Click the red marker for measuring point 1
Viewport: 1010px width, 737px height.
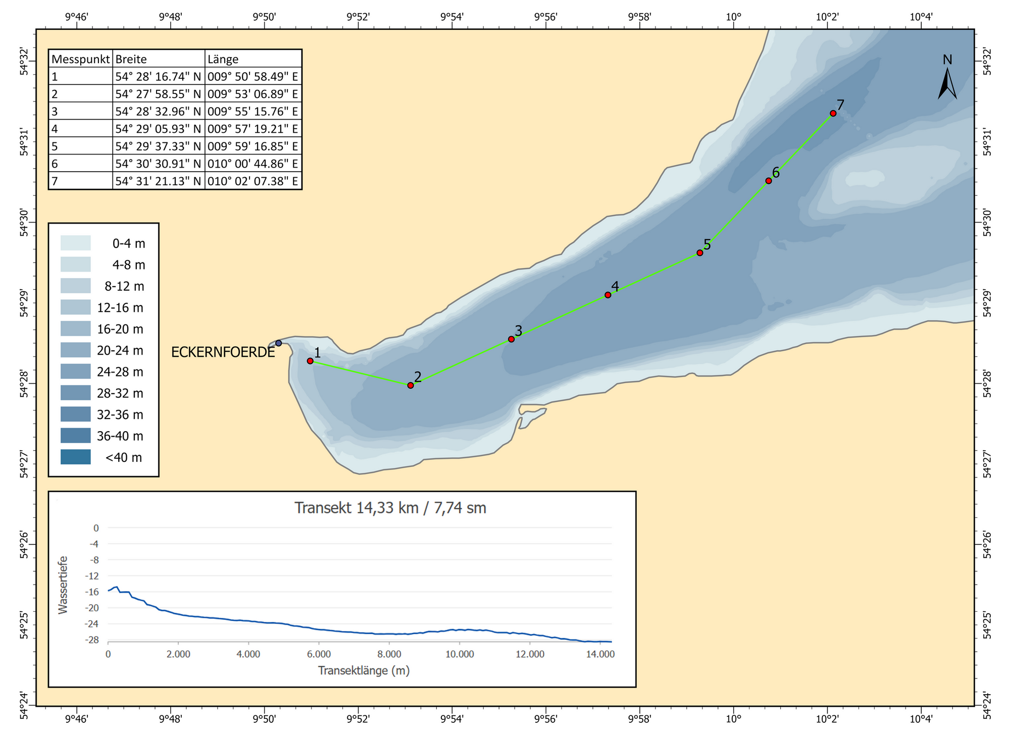tap(310, 361)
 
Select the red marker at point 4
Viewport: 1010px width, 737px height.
tap(608, 295)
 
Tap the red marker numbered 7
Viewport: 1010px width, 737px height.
tap(833, 113)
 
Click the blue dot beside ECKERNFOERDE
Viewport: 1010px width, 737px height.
tap(278, 343)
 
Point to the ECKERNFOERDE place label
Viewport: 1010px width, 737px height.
tap(223, 352)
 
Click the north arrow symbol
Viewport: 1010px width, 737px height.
tap(947, 83)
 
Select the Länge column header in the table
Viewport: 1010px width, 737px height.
tap(223, 59)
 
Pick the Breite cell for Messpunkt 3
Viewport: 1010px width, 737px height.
tap(158, 112)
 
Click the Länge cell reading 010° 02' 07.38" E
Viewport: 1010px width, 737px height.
tap(252, 181)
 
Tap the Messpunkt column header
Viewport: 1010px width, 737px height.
tap(81, 59)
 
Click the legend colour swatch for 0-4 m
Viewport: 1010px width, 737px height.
tap(76, 243)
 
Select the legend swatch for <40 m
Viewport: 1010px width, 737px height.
tap(76, 457)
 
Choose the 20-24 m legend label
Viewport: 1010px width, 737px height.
tap(120, 350)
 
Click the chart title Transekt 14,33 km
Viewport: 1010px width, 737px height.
tap(390, 508)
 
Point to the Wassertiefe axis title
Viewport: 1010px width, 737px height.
tap(63, 585)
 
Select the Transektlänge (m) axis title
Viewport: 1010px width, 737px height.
tap(364, 670)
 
